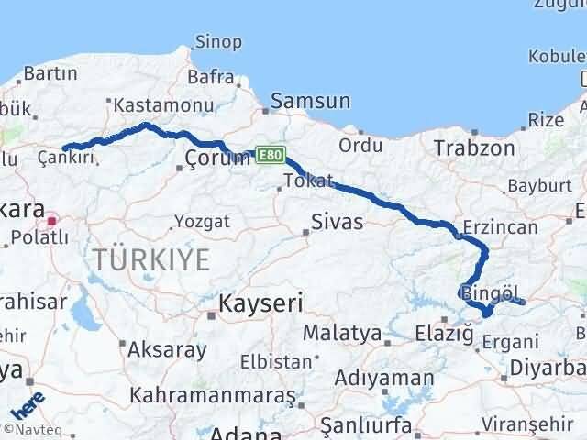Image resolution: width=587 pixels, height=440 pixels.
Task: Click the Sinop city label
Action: pyautogui.click(x=219, y=41)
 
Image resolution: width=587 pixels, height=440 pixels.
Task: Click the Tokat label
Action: pyautogui.click(x=309, y=181)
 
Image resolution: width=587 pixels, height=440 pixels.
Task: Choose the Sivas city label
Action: pyautogui.click(x=337, y=222)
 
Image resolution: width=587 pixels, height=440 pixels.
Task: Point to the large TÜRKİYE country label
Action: pyautogui.click(x=151, y=259)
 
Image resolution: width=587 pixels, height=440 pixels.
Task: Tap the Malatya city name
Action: pyautogui.click(x=340, y=332)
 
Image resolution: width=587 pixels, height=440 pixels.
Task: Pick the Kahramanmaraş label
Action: pyautogui.click(x=212, y=395)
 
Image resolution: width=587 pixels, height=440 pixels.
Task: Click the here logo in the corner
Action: pyautogui.click(x=24, y=403)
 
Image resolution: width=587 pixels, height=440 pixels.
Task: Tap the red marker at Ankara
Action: pyautogui.click(x=53, y=220)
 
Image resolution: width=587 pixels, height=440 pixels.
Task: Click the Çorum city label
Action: pyautogui.click(x=217, y=159)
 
